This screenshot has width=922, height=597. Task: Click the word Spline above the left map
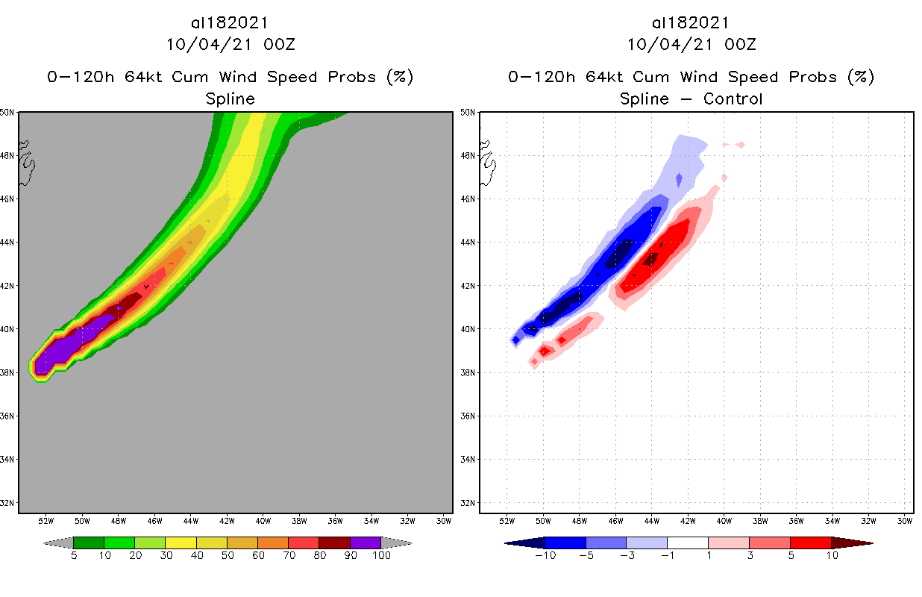(x=230, y=99)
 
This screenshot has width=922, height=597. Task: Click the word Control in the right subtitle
(x=731, y=99)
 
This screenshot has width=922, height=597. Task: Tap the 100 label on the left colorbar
(x=381, y=555)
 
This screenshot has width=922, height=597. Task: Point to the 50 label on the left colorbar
(x=228, y=555)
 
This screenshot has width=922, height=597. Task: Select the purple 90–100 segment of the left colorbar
(x=366, y=543)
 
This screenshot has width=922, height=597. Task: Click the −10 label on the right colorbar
(x=545, y=555)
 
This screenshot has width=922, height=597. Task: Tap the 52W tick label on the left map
(x=46, y=519)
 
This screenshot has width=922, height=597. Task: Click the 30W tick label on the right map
(x=904, y=519)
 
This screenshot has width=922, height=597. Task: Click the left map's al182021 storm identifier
(x=230, y=23)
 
